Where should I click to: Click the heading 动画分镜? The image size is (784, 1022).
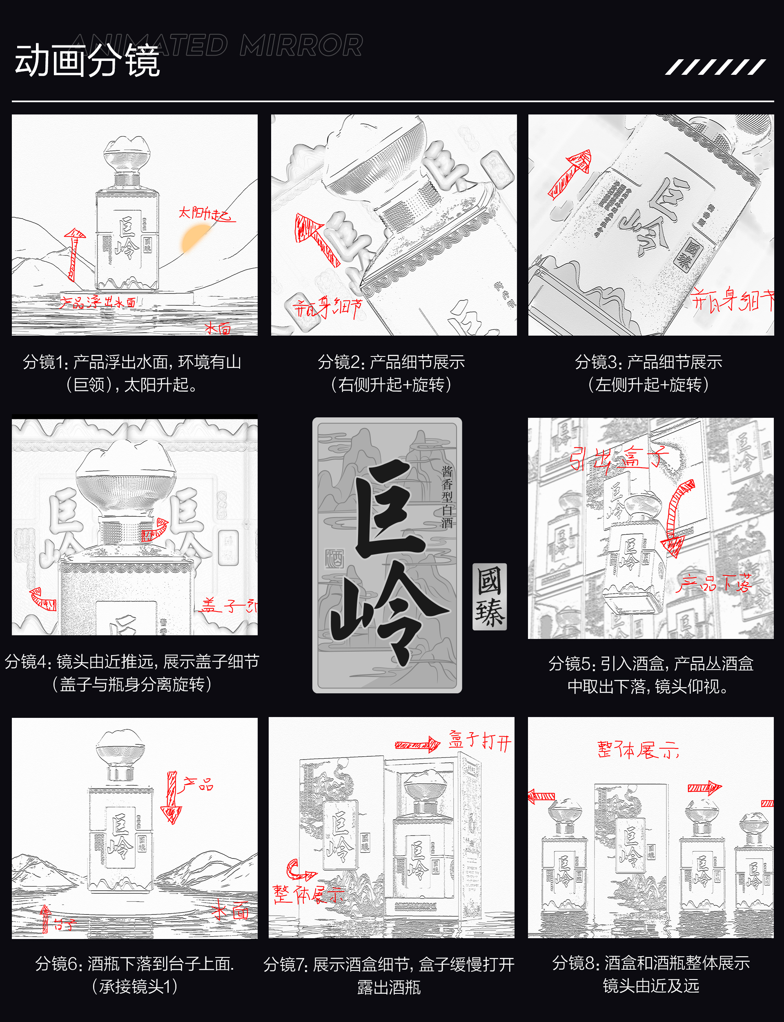coord(87,61)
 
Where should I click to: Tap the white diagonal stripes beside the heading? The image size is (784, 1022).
coord(715,67)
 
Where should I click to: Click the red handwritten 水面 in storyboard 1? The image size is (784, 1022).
coord(218,329)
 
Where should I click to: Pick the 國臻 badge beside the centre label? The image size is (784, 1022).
coord(489,596)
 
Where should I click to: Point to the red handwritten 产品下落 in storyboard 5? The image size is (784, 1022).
coord(714,583)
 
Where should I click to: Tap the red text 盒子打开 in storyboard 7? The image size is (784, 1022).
coord(480,741)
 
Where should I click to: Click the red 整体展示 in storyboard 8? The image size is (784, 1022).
coord(637,750)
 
